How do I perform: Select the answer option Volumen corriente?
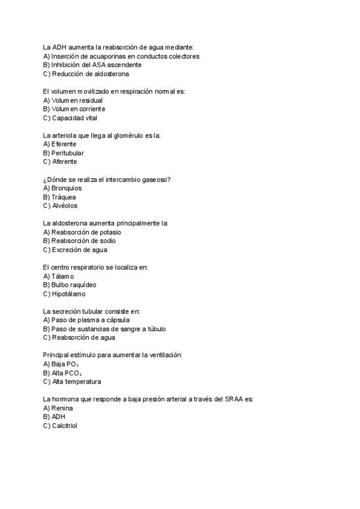[x=74, y=109]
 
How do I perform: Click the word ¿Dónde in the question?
[x=55, y=179]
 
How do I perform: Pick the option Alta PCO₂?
[x=65, y=373]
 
